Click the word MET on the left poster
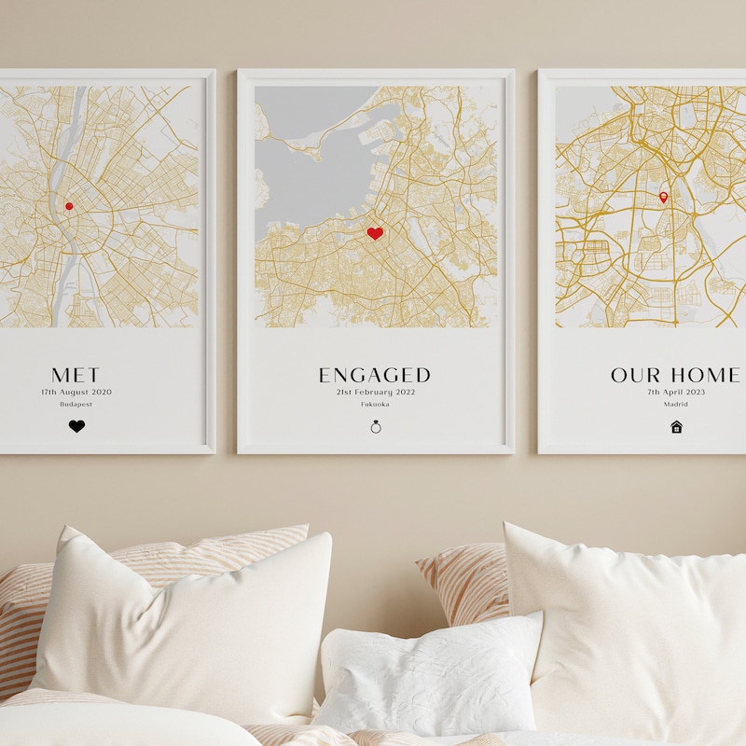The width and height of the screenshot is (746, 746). (76, 375)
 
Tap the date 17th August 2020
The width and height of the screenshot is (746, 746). (76, 393)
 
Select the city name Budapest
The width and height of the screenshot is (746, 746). (76, 405)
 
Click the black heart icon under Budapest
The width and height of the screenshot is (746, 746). (76, 426)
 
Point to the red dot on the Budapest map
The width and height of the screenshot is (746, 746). (69, 206)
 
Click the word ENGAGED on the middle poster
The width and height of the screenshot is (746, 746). (375, 375)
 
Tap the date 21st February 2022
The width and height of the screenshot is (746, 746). (375, 393)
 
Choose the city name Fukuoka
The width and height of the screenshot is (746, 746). (375, 405)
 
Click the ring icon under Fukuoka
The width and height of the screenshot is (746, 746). (376, 426)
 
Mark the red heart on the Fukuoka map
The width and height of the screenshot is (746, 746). (375, 233)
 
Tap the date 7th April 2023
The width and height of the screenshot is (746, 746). (677, 393)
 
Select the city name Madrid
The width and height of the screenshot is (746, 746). (677, 405)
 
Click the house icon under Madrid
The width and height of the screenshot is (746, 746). (677, 426)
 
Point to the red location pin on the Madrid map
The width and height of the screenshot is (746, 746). (664, 197)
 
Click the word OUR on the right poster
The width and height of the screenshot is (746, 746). (635, 375)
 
